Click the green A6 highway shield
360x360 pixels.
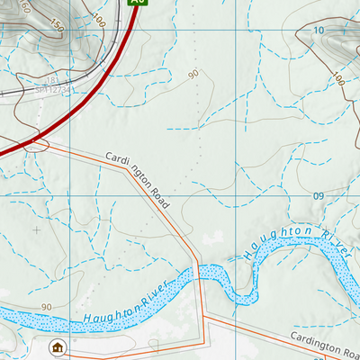point(136,3)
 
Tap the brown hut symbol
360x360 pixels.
point(58,347)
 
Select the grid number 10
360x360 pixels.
point(318,31)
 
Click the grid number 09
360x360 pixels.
point(318,195)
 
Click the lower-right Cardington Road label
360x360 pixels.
point(324,345)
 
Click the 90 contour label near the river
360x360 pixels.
point(45,308)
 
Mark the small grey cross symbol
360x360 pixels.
point(36,230)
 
